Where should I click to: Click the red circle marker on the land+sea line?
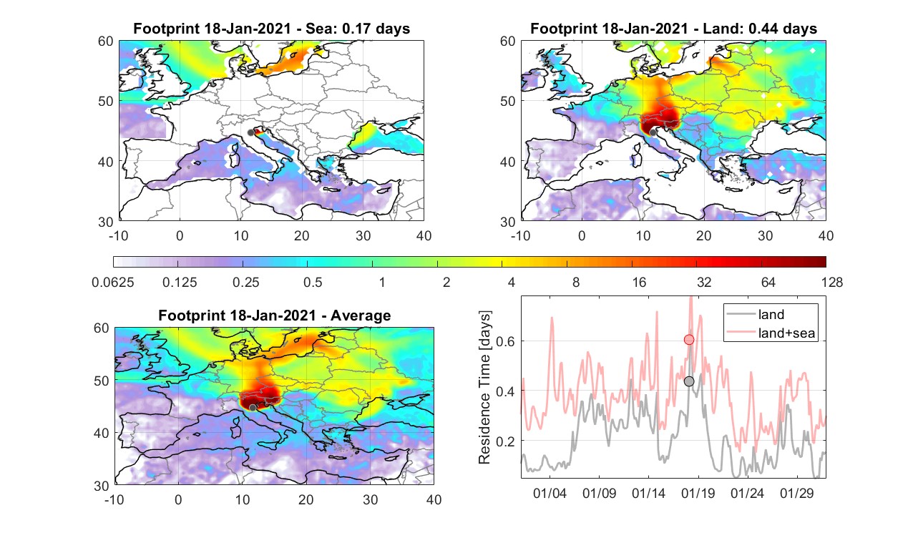coord(689,340)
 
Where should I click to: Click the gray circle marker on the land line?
coord(689,381)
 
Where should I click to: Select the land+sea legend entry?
coord(771,333)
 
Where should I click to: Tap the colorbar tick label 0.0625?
coord(113,282)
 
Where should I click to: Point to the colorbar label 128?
coord(832,282)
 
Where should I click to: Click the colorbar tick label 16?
coord(639,282)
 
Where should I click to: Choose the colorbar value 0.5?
coord(313,282)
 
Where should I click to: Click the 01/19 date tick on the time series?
coord(698,493)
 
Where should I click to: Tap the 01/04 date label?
coord(550,493)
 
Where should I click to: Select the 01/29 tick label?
coord(796,493)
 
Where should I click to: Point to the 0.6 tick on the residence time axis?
coord(505,341)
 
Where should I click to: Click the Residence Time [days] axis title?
coord(484,388)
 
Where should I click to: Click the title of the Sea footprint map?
coord(271,29)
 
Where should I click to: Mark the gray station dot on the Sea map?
coord(250,133)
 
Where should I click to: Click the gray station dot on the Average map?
coord(253,408)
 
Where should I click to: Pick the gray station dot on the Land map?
coord(653,132)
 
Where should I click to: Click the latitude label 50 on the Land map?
coord(507,101)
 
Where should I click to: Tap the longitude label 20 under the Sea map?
coord(302,235)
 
